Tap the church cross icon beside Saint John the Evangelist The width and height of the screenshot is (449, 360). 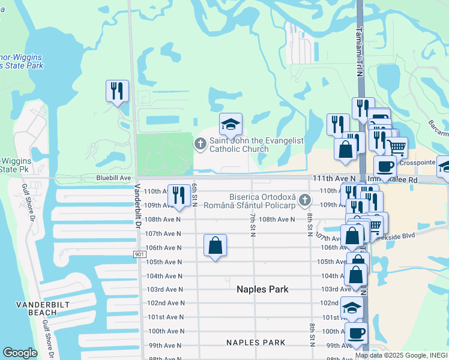(200, 143)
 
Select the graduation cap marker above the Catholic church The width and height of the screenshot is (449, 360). (231, 125)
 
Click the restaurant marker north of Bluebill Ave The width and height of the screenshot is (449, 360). (117, 92)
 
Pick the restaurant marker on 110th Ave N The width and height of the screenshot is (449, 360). (179, 196)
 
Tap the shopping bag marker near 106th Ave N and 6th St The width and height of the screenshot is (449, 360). (215, 245)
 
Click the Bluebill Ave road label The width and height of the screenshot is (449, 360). (113, 178)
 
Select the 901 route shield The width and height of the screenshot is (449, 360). (139, 254)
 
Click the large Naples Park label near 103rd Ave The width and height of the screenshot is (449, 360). (262, 289)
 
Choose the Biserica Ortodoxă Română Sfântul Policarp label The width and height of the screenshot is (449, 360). (262, 201)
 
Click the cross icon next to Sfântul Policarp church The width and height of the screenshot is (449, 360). (305, 200)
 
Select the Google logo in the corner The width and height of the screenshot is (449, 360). (20, 353)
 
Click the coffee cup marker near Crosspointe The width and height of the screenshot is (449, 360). (385, 167)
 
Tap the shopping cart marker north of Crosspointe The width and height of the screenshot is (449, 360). (396, 146)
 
